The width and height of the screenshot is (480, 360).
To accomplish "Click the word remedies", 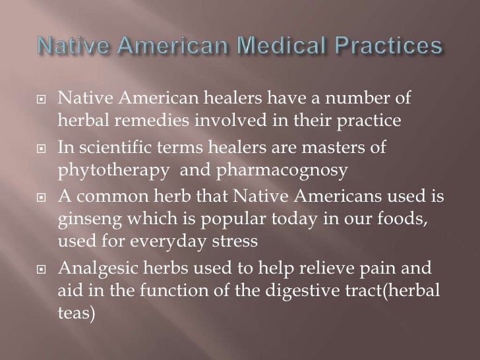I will pos(138,122).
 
